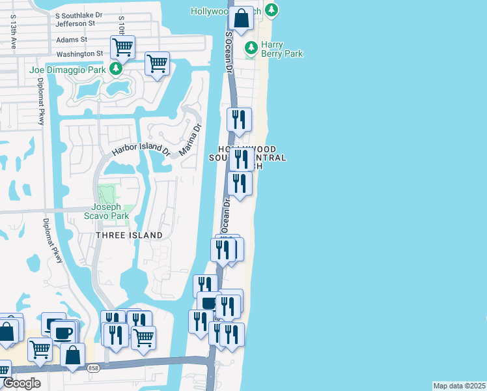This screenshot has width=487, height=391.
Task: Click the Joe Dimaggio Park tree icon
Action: (x=115, y=68)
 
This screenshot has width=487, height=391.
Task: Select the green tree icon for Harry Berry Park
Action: (x=251, y=48)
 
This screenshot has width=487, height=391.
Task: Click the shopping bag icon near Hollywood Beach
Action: (x=241, y=18)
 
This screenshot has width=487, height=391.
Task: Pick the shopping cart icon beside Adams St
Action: (x=122, y=46)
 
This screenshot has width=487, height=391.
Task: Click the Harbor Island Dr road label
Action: (x=141, y=149)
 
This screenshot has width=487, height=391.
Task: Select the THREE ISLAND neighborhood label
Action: (x=130, y=235)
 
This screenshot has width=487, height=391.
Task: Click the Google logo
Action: (x=21, y=383)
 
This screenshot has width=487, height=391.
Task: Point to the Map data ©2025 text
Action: (x=459, y=386)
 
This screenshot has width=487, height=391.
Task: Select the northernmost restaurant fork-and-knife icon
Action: (x=239, y=119)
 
